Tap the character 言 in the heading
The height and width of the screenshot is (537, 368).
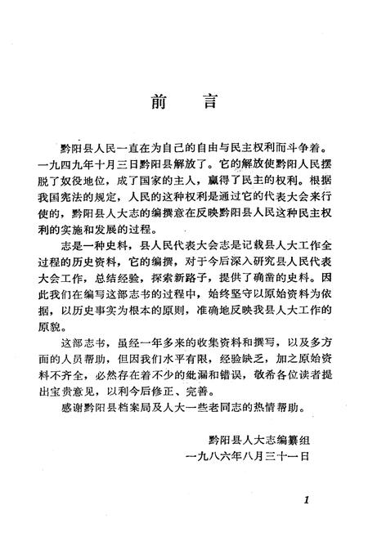(209, 103)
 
